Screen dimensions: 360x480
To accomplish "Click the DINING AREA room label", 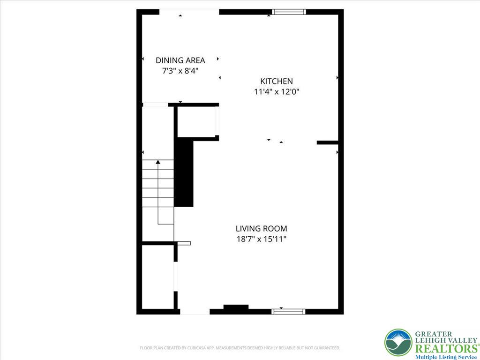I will point(180,60).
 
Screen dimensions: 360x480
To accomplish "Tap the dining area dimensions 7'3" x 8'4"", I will point(180,71).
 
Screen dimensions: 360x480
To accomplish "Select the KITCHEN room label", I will point(277,81).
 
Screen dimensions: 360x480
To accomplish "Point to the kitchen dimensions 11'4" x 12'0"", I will point(277,92).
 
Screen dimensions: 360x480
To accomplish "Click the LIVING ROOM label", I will point(261,229).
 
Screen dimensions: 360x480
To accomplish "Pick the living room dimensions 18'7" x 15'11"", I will point(261,240).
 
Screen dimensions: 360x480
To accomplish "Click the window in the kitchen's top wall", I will point(289,12).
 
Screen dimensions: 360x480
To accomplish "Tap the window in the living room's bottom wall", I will point(289,311).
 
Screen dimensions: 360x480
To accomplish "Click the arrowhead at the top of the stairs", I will point(158,162).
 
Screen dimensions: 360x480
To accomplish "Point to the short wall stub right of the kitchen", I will point(328,142).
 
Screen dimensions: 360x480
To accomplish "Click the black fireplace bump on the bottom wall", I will point(236,308).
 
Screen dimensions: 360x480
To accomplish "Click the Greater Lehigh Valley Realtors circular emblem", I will point(398,343).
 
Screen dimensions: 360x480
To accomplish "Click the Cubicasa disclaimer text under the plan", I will point(240,348).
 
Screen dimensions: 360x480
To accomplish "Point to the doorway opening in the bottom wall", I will point(195,311).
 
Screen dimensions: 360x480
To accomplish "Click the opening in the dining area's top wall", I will point(189,12).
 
